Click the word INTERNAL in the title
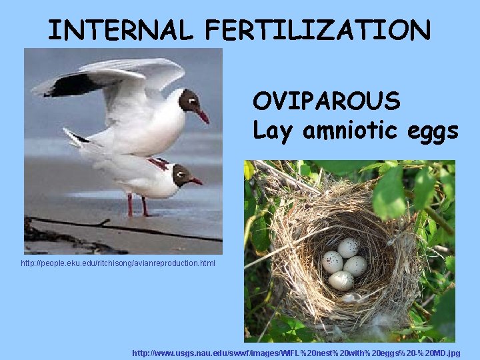point(121,30)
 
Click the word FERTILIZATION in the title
point(318,30)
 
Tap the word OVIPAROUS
point(326,101)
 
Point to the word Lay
point(273,131)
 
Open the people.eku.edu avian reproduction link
point(118,264)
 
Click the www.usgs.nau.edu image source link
point(296,352)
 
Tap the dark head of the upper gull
point(189,101)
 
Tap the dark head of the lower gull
point(181,175)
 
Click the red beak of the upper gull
point(202,116)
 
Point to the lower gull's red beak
point(196,181)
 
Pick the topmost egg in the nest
point(348,248)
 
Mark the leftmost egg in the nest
point(332,261)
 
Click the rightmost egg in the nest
point(355,266)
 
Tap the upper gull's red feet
point(159,163)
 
